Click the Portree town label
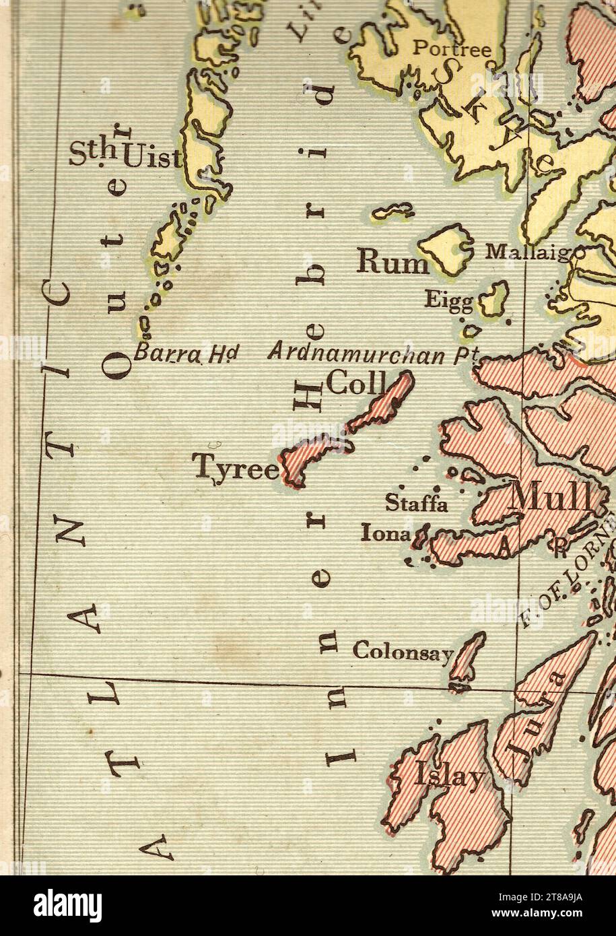point(451,48)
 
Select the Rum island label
point(392,263)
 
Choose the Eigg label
point(448,300)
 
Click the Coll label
point(354,386)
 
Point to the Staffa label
point(415,503)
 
